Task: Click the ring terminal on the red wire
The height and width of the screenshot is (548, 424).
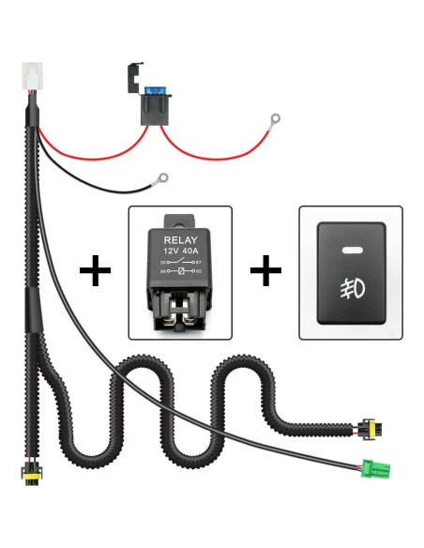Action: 275,120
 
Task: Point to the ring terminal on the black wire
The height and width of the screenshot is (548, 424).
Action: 162,175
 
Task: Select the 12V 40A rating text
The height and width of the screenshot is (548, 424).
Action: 178,252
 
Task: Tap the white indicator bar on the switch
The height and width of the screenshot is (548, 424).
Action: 351,251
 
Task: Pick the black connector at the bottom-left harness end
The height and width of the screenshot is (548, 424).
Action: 31,474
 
